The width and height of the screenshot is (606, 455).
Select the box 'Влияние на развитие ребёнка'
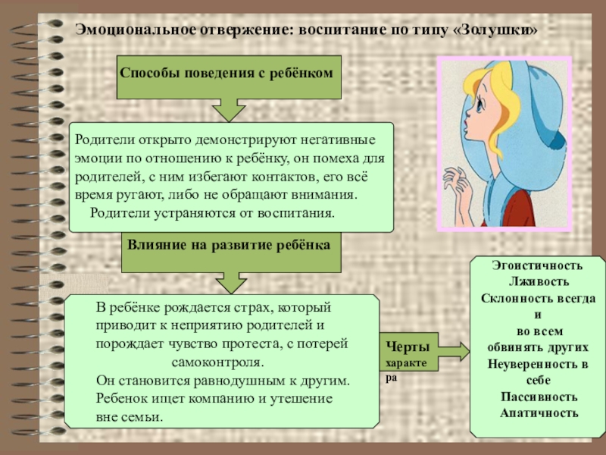tap(228, 247)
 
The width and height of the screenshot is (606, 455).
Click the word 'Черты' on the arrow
tap(408, 347)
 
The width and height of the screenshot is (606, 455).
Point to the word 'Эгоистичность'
tap(537, 267)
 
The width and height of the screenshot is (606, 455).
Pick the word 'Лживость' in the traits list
tap(537, 281)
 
